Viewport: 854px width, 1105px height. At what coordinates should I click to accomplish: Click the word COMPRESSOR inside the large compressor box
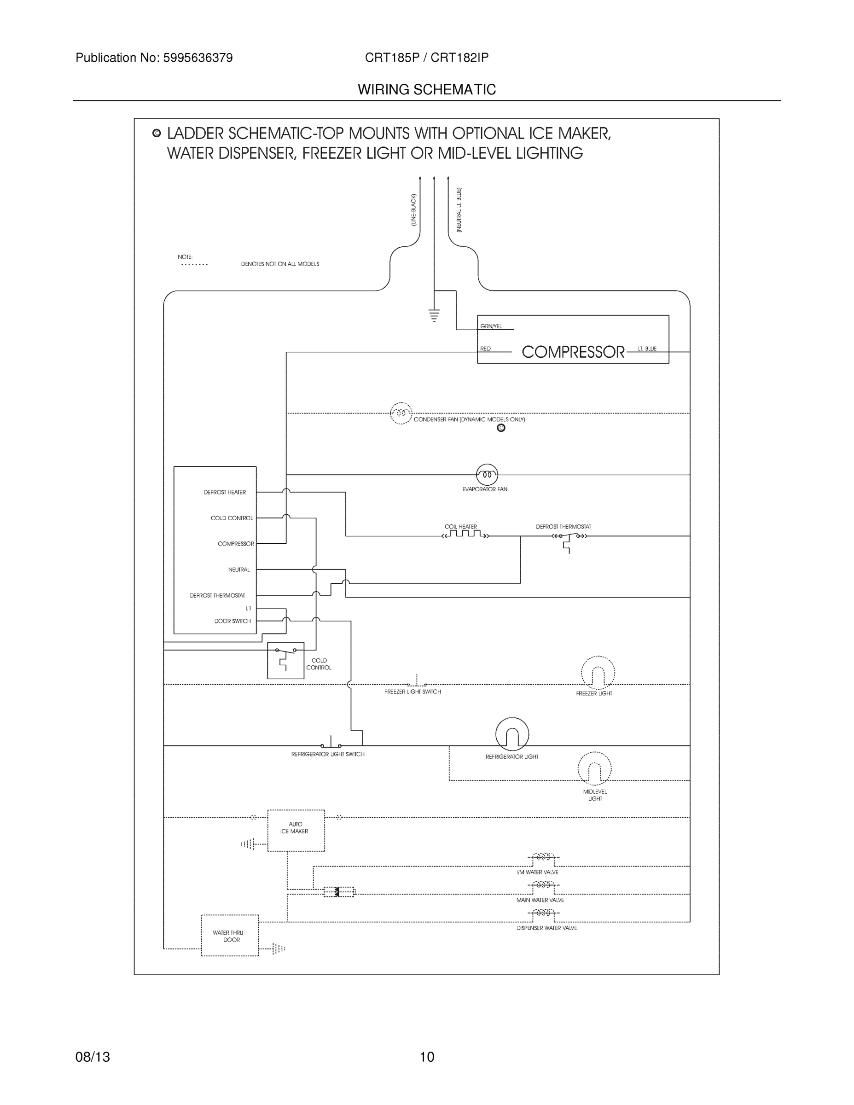pos(573,352)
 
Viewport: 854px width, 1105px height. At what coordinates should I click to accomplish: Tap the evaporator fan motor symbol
pos(487,475)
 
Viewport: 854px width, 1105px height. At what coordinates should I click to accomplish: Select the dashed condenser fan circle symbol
pos(401,413)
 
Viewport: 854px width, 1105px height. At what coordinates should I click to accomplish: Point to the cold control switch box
pos(285,660)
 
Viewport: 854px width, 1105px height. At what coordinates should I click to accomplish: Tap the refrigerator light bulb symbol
pos(512,734)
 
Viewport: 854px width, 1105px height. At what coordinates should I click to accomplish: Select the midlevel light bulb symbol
pos(594,768)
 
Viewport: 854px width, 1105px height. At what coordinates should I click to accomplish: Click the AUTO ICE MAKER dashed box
pos(296,830)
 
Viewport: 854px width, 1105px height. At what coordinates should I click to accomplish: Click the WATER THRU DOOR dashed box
pos(230,936)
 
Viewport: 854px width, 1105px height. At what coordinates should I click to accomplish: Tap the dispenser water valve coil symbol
pos(543,913)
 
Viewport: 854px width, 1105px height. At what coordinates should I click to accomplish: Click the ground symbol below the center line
pos(434,315)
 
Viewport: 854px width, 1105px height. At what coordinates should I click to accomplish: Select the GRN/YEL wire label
pos(491,326)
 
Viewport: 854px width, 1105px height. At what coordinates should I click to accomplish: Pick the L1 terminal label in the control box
pos(248,608)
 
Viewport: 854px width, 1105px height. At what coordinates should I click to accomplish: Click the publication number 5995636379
pos(198,58)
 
